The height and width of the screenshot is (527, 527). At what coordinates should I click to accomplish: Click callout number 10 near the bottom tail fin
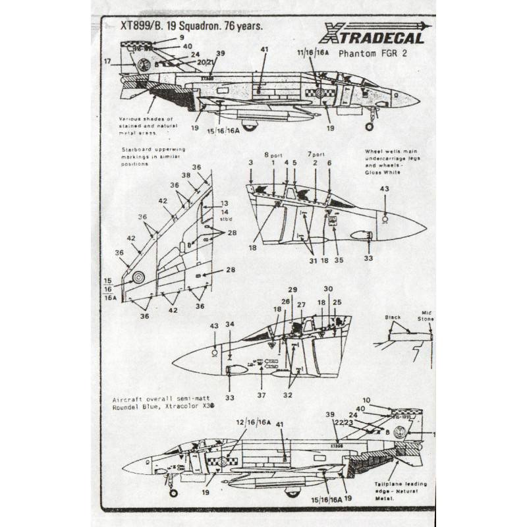pyautogui.click(x=385, y=399)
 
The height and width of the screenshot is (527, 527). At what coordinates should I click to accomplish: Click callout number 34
pyautogui.click(x=229, y=325)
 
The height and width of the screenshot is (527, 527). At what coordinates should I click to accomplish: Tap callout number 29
pyautogui.click(x=292, y=290)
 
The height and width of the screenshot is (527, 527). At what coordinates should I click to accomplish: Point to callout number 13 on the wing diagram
pyautogui.click(x=224, y=204)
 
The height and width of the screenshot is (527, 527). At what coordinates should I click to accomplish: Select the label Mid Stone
pyautogui.click(x=425, y=319)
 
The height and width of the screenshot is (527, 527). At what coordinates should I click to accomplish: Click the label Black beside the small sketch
pyautogui.click(x=394, y=318)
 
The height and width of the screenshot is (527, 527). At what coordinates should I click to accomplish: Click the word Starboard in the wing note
pyautogui.click(x=136, y=150)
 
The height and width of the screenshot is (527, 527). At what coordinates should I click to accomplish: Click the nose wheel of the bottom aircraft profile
pyautogui.click(x=173, y=491)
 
